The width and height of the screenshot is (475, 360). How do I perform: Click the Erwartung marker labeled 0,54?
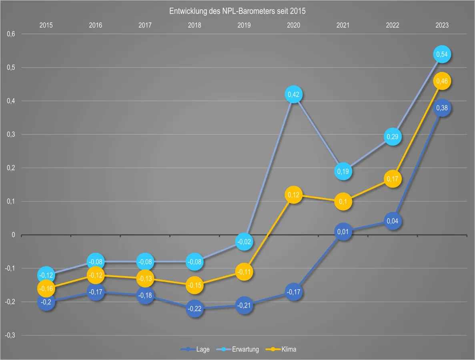[x=442, y=54]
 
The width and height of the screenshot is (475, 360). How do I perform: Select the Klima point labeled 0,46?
[x=442, y=81]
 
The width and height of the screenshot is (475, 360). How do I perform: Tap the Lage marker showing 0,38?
[x=442, y=108]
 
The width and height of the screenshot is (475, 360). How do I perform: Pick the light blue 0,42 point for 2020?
[x=293, y=94]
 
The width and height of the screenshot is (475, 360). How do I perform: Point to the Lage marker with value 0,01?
[x=343, y=232]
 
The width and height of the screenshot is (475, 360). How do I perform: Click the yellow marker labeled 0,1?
[x=343, y=202]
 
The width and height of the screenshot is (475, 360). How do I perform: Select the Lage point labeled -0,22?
[x=194, y=308]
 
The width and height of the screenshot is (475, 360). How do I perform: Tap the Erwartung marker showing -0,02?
[x=244, y=242]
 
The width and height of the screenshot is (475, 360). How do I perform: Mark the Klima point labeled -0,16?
[x=46, y=288]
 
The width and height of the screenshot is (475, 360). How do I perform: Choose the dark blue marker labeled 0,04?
[x=393, y=221]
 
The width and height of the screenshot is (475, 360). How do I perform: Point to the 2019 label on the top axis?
[x=244, y=25]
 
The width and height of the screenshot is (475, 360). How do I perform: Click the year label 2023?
[x=442, y=25]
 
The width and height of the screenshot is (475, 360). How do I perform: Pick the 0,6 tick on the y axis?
[x=11, y=34]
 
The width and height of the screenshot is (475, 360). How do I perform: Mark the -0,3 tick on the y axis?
[x=10, y=336]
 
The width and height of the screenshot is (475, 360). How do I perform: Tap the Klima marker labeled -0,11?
[x=244, y=272]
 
